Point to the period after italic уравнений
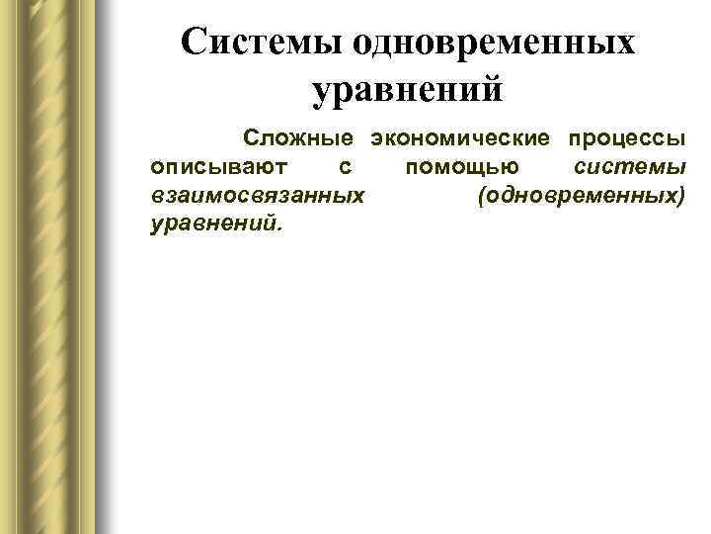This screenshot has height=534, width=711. click(278, 227)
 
